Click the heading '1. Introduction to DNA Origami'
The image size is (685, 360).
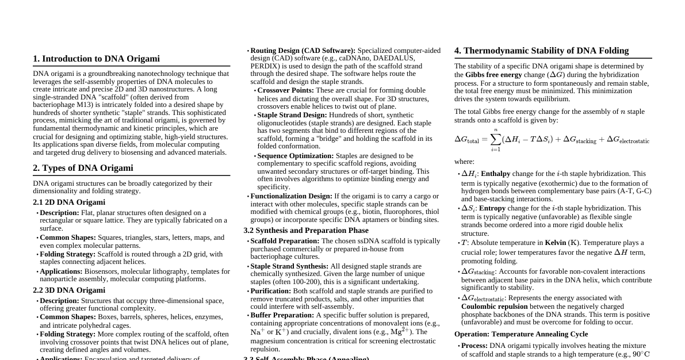coord(96,59)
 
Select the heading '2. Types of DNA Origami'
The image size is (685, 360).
coord(83,168)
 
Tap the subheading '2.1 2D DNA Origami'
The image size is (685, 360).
coord(69,202)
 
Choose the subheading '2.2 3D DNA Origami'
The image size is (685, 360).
coord(69,290)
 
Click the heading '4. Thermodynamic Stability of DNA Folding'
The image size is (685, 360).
coord(541,51)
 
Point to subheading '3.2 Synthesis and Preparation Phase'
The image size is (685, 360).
coord(306,231)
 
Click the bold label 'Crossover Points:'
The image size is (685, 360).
coord(285,90)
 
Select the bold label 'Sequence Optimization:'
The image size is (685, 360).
coord(295,156)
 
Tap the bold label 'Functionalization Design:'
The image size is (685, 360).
coord(291,196)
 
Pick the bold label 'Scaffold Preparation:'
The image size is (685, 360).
coord(285,241)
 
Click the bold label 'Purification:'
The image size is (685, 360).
coord(271,291)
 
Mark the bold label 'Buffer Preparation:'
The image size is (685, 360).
coord(282,315)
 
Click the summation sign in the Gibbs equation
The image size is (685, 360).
coord(496,139)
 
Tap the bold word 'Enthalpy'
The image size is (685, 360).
coord(495,174)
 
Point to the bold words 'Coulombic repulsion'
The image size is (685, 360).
coord(494,307)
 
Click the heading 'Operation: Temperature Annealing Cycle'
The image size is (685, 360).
coord(521,334)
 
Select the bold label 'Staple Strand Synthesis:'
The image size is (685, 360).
coord(289,266)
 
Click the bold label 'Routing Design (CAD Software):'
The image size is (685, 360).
coord(303,51)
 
